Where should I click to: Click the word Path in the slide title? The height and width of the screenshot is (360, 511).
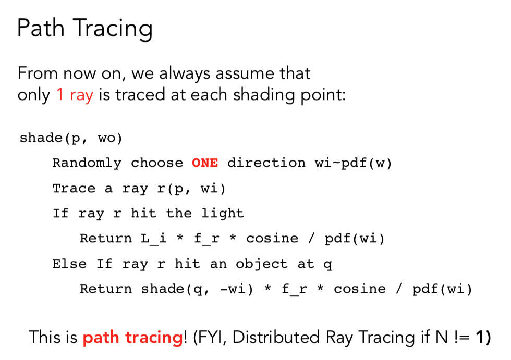point(41,28)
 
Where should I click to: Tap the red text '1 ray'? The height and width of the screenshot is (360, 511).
point(75,95)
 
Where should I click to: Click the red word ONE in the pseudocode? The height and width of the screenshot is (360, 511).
point(204,163)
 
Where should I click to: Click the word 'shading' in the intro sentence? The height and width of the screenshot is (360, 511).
point(263,95)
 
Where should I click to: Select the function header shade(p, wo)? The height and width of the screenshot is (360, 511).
point(71,138)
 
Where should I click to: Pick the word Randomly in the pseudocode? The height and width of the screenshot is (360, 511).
point(87,163)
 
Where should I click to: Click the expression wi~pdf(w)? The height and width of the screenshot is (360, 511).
point(353,163)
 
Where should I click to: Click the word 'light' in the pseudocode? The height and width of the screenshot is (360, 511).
point(222,214)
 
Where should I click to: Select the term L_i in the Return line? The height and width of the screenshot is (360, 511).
point(153,239)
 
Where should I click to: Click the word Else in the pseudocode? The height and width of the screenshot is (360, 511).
point(69,264)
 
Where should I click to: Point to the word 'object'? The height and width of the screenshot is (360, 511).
point(262,264)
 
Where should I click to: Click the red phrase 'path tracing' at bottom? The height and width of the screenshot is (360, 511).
point(133,338)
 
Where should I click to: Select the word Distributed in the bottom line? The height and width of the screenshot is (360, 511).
point(276,337)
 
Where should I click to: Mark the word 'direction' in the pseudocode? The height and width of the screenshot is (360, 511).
point(266,163)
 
